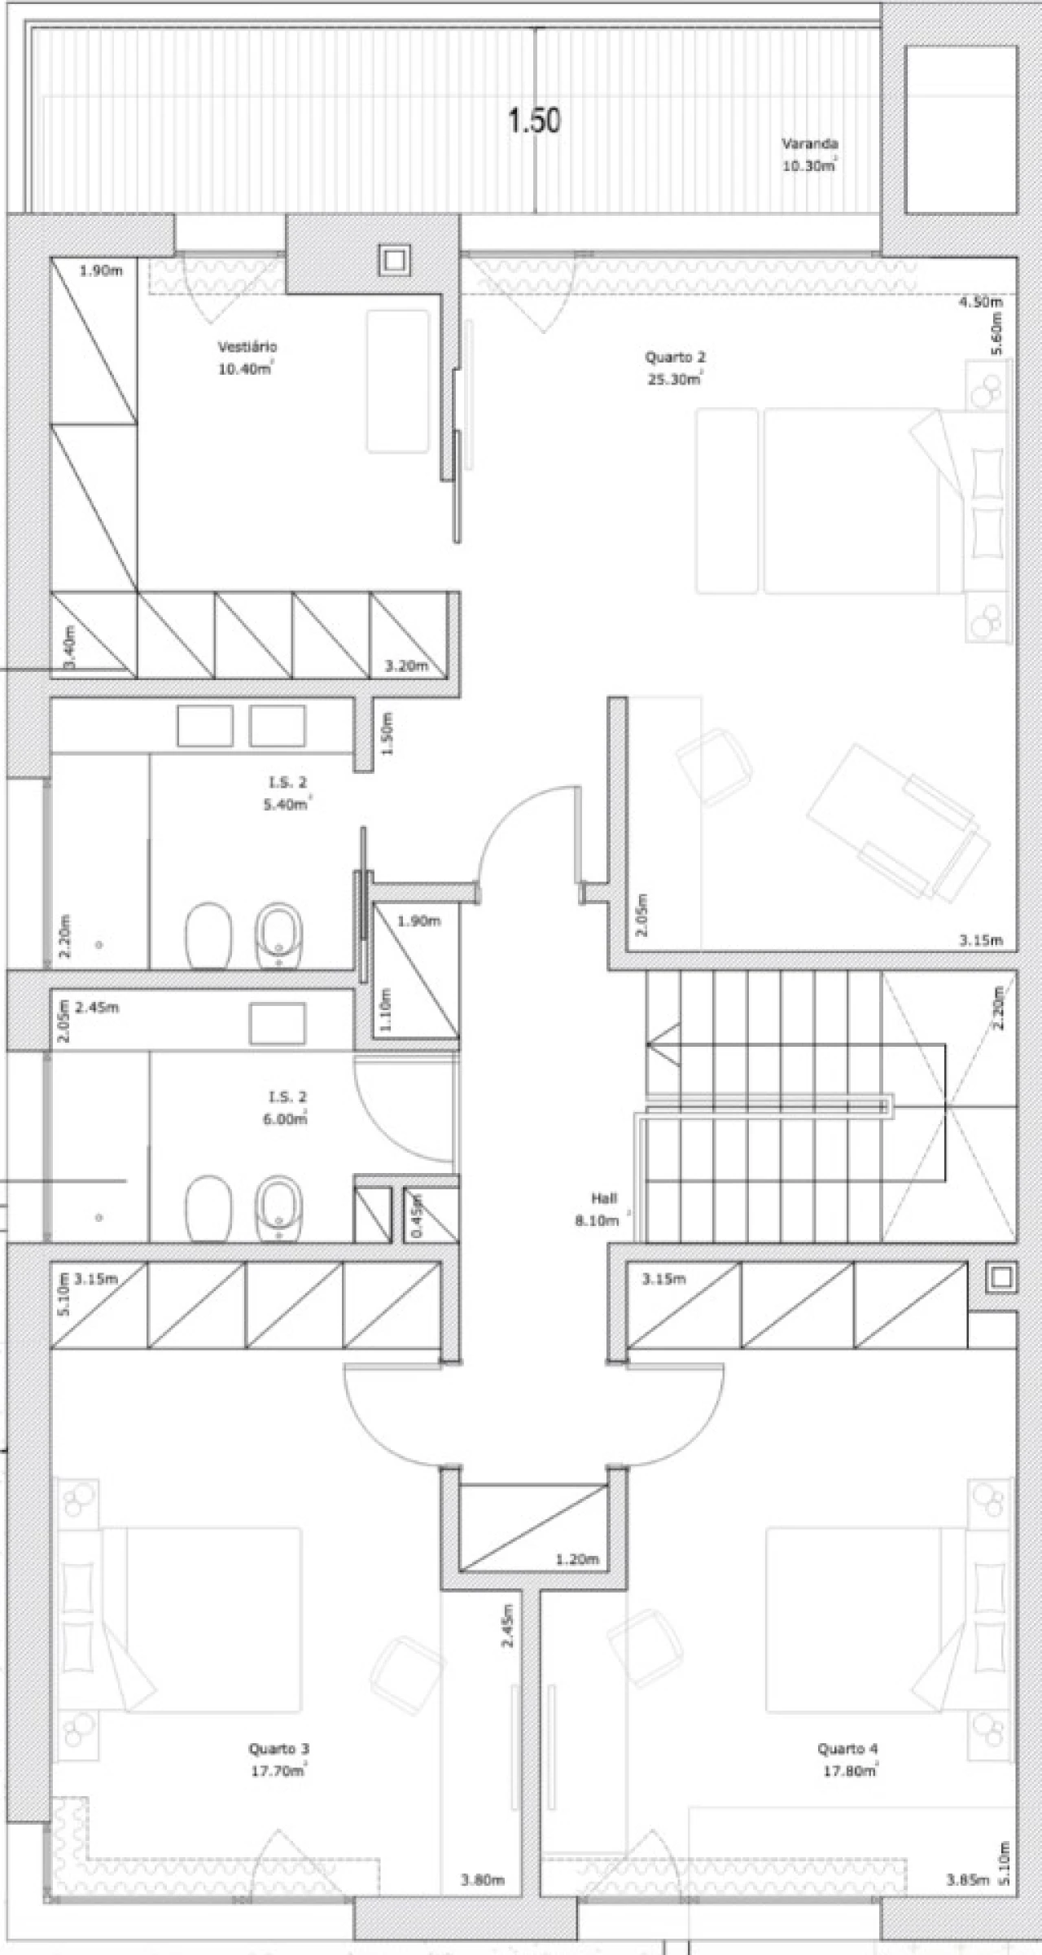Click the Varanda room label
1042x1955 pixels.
click(810, 144)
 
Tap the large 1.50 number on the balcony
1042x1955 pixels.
click(534, 121)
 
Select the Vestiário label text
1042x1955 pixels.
click(247, 347)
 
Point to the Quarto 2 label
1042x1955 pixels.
click(676, 357)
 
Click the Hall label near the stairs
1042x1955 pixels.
click(604, 1198)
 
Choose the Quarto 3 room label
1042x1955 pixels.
click(279, 1749)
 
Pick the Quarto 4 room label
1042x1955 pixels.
click(847, 1749)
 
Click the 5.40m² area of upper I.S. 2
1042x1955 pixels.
click(287, 805)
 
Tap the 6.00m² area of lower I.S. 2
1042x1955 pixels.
click(285, 1119)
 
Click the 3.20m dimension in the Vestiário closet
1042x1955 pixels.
click(406, 666)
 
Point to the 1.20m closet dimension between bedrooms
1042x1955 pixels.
click(577, 1560)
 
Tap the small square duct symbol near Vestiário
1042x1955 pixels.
click(394, 261)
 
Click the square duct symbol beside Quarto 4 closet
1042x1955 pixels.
click(1000, 1277)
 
